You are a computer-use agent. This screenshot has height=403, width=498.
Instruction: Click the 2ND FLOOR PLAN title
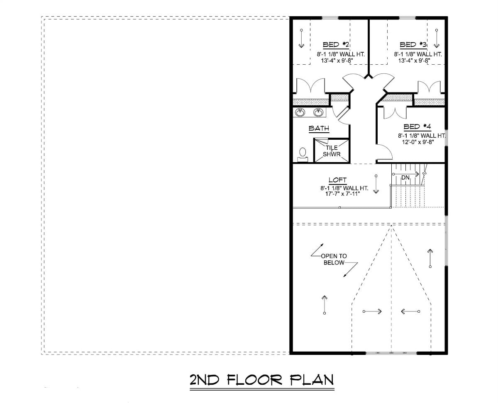point(261,380)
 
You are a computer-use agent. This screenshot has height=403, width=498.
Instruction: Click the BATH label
point(319,129)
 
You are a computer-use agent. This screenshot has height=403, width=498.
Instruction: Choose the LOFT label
point(337,180)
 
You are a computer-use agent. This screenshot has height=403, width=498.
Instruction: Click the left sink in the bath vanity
point(300,112)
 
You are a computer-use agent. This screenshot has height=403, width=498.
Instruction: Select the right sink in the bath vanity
point(318,112)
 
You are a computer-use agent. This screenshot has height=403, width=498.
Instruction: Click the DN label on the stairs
point(405,177)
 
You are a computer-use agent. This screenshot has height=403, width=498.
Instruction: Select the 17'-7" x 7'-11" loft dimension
point(338,194)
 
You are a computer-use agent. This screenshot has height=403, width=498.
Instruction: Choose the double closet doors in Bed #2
point(311,87)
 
